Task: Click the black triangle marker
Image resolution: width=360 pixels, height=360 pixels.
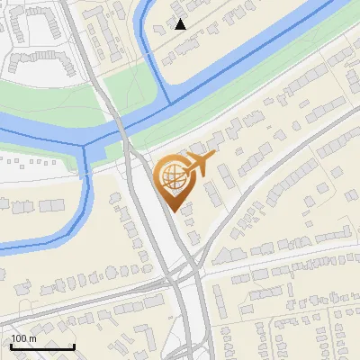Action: [x=181, y=24]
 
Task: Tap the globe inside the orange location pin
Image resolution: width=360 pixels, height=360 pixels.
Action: [x=172, y=176]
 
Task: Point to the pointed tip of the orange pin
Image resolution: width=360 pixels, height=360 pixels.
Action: [x=172, y=211]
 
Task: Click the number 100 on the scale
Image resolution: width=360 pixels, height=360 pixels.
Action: [x=19, y=338]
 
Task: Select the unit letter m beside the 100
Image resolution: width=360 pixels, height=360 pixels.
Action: [x=32, y=338]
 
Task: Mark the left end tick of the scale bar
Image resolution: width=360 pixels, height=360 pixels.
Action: [x=11, y=346]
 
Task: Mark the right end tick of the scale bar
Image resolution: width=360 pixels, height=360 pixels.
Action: [x=74, y=346]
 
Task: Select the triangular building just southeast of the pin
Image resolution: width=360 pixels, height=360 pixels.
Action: [x=188, y=211]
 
